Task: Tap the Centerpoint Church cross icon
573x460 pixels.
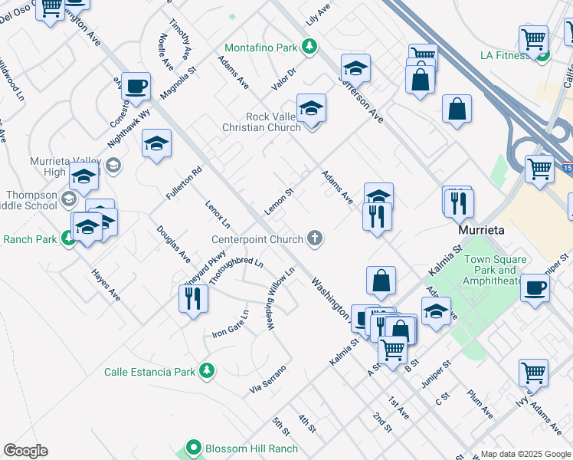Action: click(313, 239)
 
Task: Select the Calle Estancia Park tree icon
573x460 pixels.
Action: click(205, 371)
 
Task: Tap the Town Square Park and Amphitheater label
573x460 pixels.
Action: click(495, 270)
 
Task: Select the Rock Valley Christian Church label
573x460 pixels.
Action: click(273, 122)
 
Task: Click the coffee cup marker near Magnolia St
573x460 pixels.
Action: click(136, 87)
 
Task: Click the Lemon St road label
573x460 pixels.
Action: click(280, 202)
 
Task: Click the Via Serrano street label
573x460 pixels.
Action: click(268, 380)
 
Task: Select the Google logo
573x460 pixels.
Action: click(25, 451)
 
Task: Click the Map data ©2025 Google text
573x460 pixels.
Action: click(525, 454)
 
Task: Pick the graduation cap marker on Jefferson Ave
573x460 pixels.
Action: click(355, 67)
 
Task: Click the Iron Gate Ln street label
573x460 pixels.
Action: click(231, 325)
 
